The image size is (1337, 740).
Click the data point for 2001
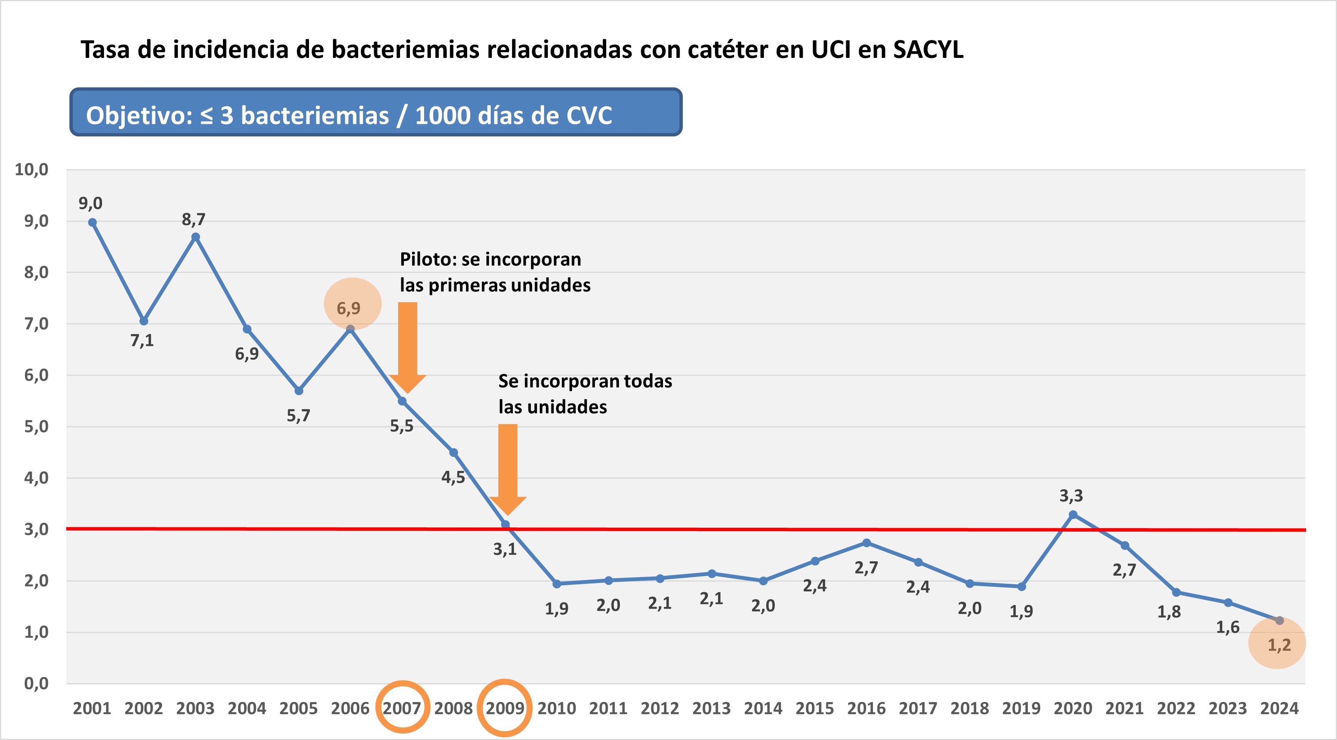pyautogui.click(x=92, y=223)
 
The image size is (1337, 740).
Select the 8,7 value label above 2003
pyautogui.click(x=194, y=219)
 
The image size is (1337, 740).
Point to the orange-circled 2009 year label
pyautogui.click(x=504, y=708)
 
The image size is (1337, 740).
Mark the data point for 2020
pyautogui.click(x=1073, y=515)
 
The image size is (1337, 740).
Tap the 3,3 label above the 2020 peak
pyautogui.click(x=1071, y=496)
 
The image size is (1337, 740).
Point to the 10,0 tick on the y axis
pyautogui.click(x=31, y=169)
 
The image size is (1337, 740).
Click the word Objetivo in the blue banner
pyautogui.click(x=139, y=115)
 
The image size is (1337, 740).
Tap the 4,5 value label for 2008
pyautogui.click(x=453, y=477)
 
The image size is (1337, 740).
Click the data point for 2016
pyautogui.click(x=866, y=543)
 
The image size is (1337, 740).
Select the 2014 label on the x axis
pyautogui.click(x=763, y=708)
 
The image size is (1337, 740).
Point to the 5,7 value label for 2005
pyautogui.click(x=298, y=415)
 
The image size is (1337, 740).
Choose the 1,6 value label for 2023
pyautogui.click(x=1228, y=627)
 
